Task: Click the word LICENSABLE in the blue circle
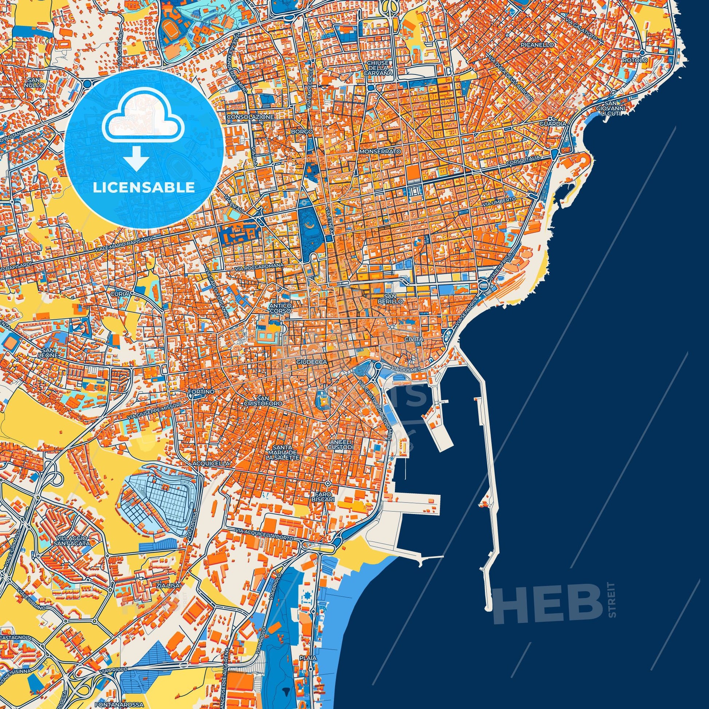click(144, 188)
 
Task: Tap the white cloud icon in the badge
click(144, 116)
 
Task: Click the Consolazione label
click(250, 117)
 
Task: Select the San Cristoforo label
click(269, 401)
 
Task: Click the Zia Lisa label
click(168, 586)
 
